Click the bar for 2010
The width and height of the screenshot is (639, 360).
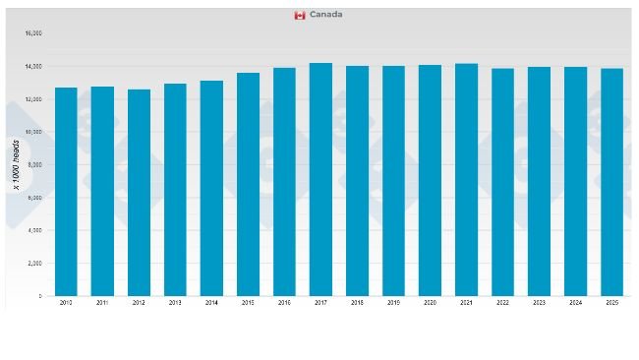tap(66, 192)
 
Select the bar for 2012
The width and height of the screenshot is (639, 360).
tap(139, 193)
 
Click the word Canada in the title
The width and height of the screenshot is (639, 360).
tap(325, 15)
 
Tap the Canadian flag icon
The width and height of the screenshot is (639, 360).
tap(300, 15)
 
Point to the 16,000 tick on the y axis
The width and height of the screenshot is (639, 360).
tap(33, 33)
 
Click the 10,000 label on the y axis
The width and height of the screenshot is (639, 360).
tap(33, 132)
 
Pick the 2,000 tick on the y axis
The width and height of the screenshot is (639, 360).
tap(34, 264)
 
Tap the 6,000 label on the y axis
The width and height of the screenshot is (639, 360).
tap(34, 198)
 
